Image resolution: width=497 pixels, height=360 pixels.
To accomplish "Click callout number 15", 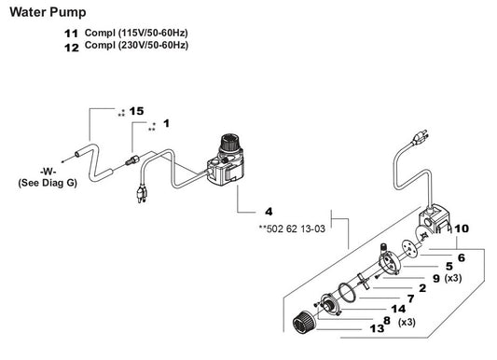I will [x=136, y=111].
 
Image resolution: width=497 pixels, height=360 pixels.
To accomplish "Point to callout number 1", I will [x=167, y=123].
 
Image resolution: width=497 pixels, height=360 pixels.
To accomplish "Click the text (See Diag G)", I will [x=48, y=184].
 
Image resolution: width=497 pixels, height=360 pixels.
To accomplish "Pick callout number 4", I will [x=269, y=212].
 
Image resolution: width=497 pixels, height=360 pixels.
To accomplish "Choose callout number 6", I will [x=460, y=256].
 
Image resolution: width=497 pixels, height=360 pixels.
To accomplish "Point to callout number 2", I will [x=422, y=287].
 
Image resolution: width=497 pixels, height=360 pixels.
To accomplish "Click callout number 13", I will [x=377, y=328].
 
